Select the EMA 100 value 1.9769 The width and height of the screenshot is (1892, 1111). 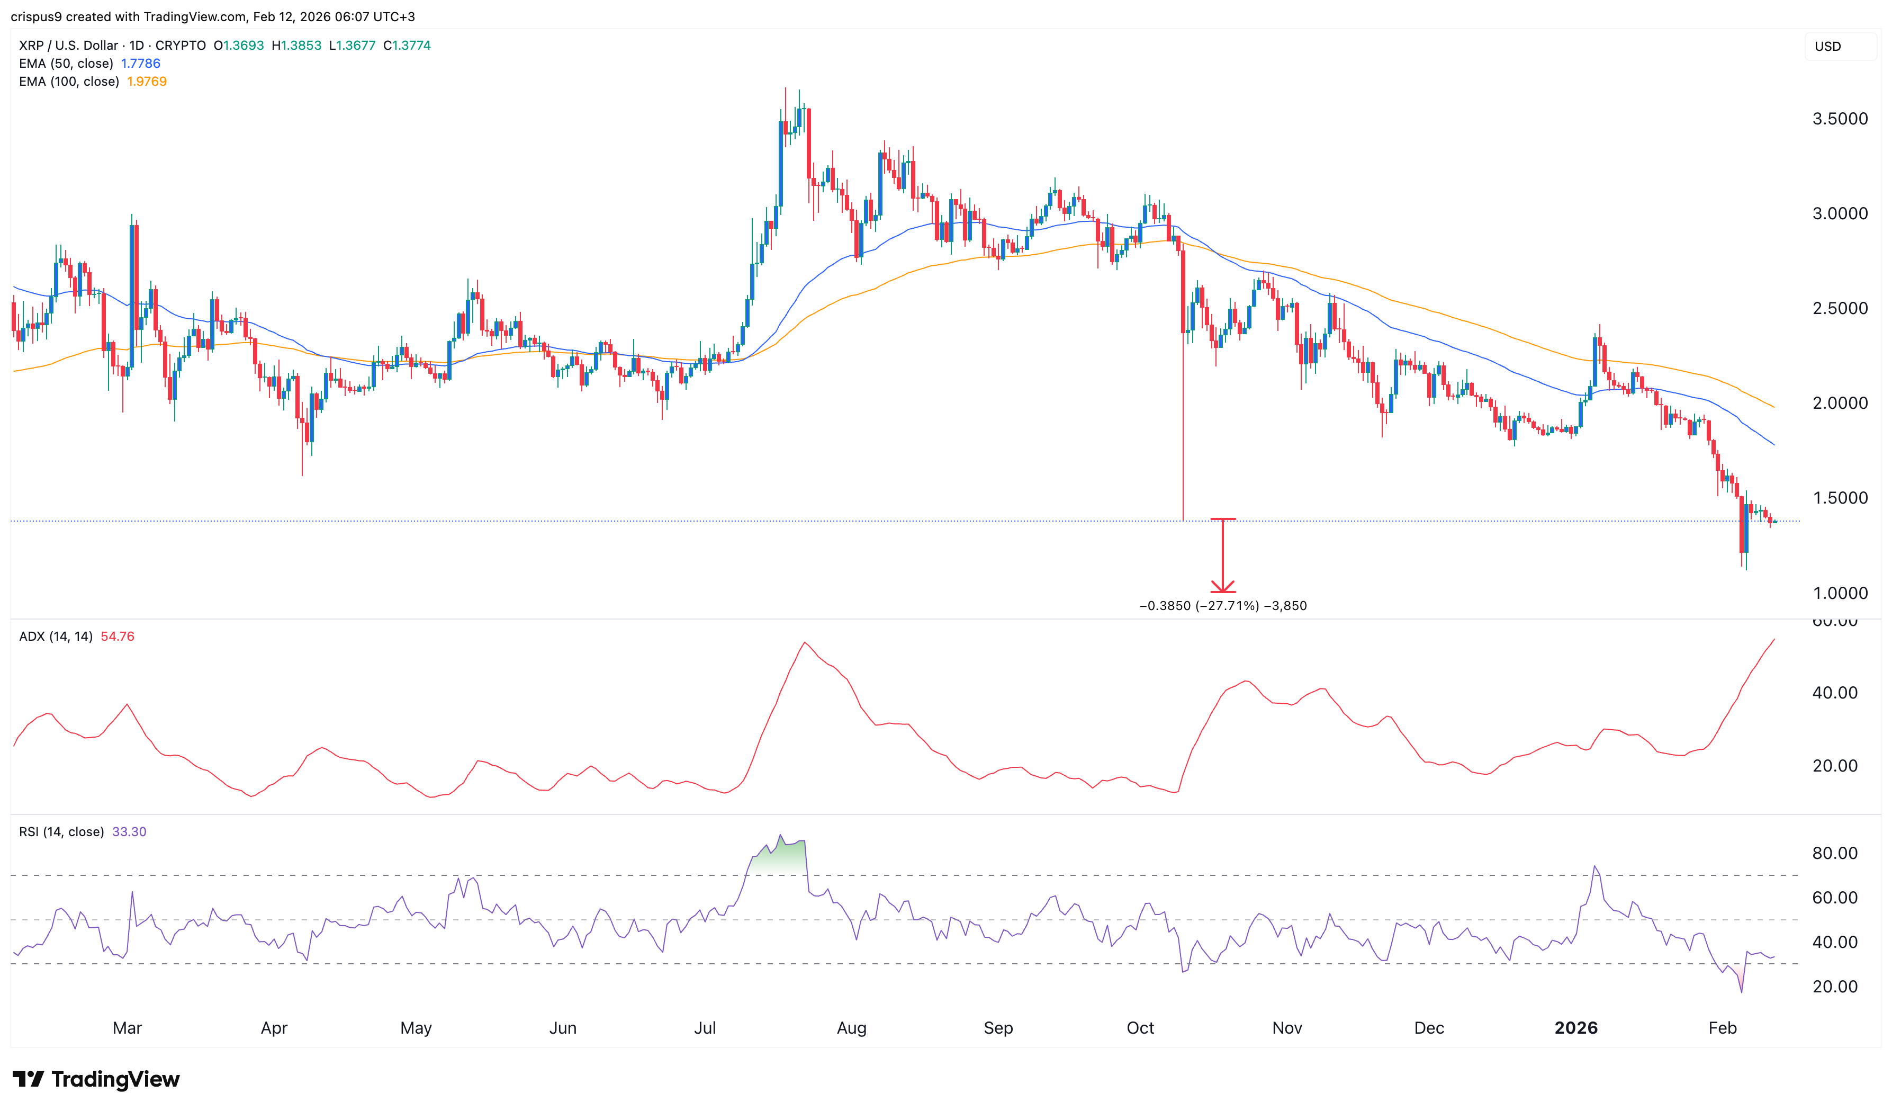click(147, 81)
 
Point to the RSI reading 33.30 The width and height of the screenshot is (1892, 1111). click(129, 831)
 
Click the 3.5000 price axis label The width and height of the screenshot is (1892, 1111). click(1840, 119)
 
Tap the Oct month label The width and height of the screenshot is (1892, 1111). click(1140, 1028)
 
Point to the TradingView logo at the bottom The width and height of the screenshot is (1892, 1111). click(96, 1079)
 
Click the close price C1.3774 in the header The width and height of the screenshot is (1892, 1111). click(407, 45)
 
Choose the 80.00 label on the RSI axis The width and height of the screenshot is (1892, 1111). click(1834, 853)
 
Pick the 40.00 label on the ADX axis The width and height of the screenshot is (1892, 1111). click(1834, 693)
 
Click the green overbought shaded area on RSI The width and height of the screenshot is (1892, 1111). click(781, 857)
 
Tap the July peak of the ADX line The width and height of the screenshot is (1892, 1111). click(804, 643)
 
